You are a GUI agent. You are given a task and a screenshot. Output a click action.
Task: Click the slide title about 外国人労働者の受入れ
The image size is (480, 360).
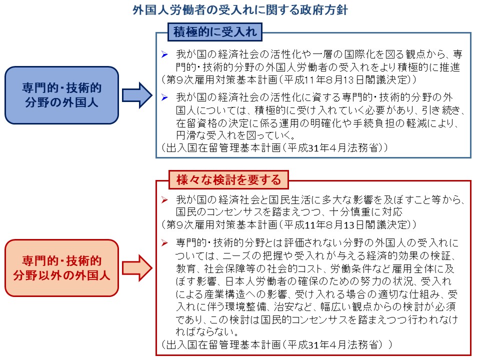[x=240, y=10]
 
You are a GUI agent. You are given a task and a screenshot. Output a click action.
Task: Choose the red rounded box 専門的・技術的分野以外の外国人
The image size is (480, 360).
[x=62, y=268]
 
